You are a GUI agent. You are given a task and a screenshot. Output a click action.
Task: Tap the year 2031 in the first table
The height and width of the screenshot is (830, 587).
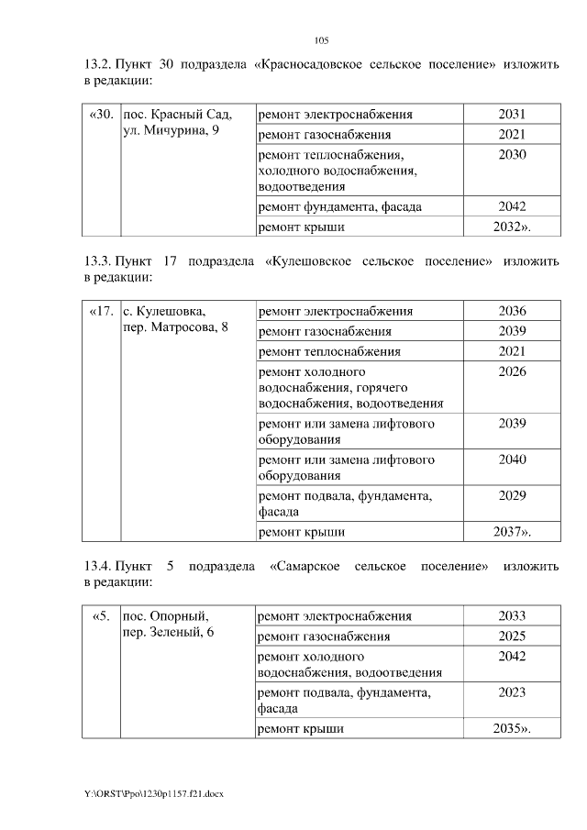click(512, 115)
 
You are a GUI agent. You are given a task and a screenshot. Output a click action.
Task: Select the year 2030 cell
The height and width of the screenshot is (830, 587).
click(512, 155)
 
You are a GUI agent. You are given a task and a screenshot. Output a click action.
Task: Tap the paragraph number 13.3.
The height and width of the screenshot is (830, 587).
click(97, 261)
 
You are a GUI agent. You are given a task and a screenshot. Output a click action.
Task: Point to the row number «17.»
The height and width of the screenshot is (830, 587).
click(102, 311)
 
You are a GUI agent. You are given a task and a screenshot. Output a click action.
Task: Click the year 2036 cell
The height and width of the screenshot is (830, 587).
click(512, 311)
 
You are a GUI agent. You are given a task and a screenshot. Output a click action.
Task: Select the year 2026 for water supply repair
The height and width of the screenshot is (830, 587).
click(512, 371)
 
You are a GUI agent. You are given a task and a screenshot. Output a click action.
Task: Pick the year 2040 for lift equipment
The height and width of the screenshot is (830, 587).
click(512, 459)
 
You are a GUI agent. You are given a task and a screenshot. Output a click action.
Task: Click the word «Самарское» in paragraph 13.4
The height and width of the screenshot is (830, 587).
click(305, 566)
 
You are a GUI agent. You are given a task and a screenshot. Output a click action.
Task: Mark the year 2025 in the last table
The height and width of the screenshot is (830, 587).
click(512, 636)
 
